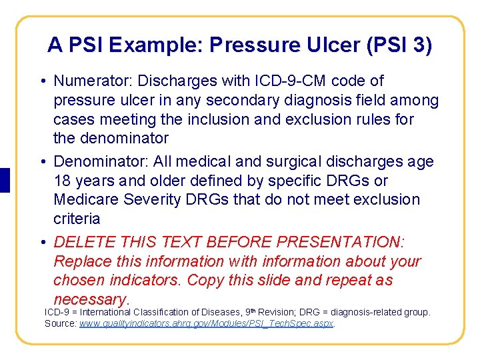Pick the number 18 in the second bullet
click(x=63, y=181)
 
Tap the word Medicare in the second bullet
click(x=85, y=200)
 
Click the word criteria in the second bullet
click(x=77, y=219)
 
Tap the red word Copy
click(x=203, y=280)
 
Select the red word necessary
click(x=89, y=299)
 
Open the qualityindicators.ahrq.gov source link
click(x=207, y=323)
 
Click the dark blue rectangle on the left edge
click(x=5, y=180)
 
